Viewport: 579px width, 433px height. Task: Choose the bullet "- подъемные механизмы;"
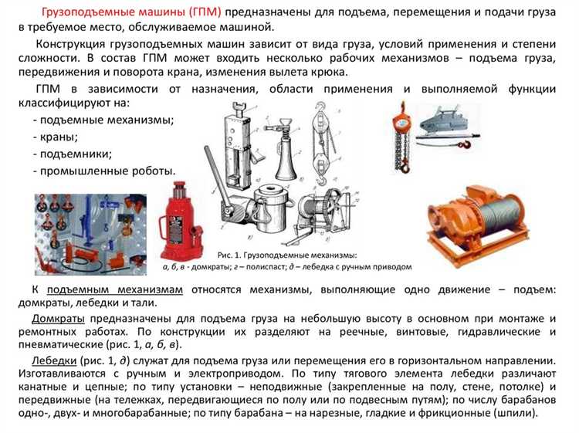pyautogui.click(x=103, y=120)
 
